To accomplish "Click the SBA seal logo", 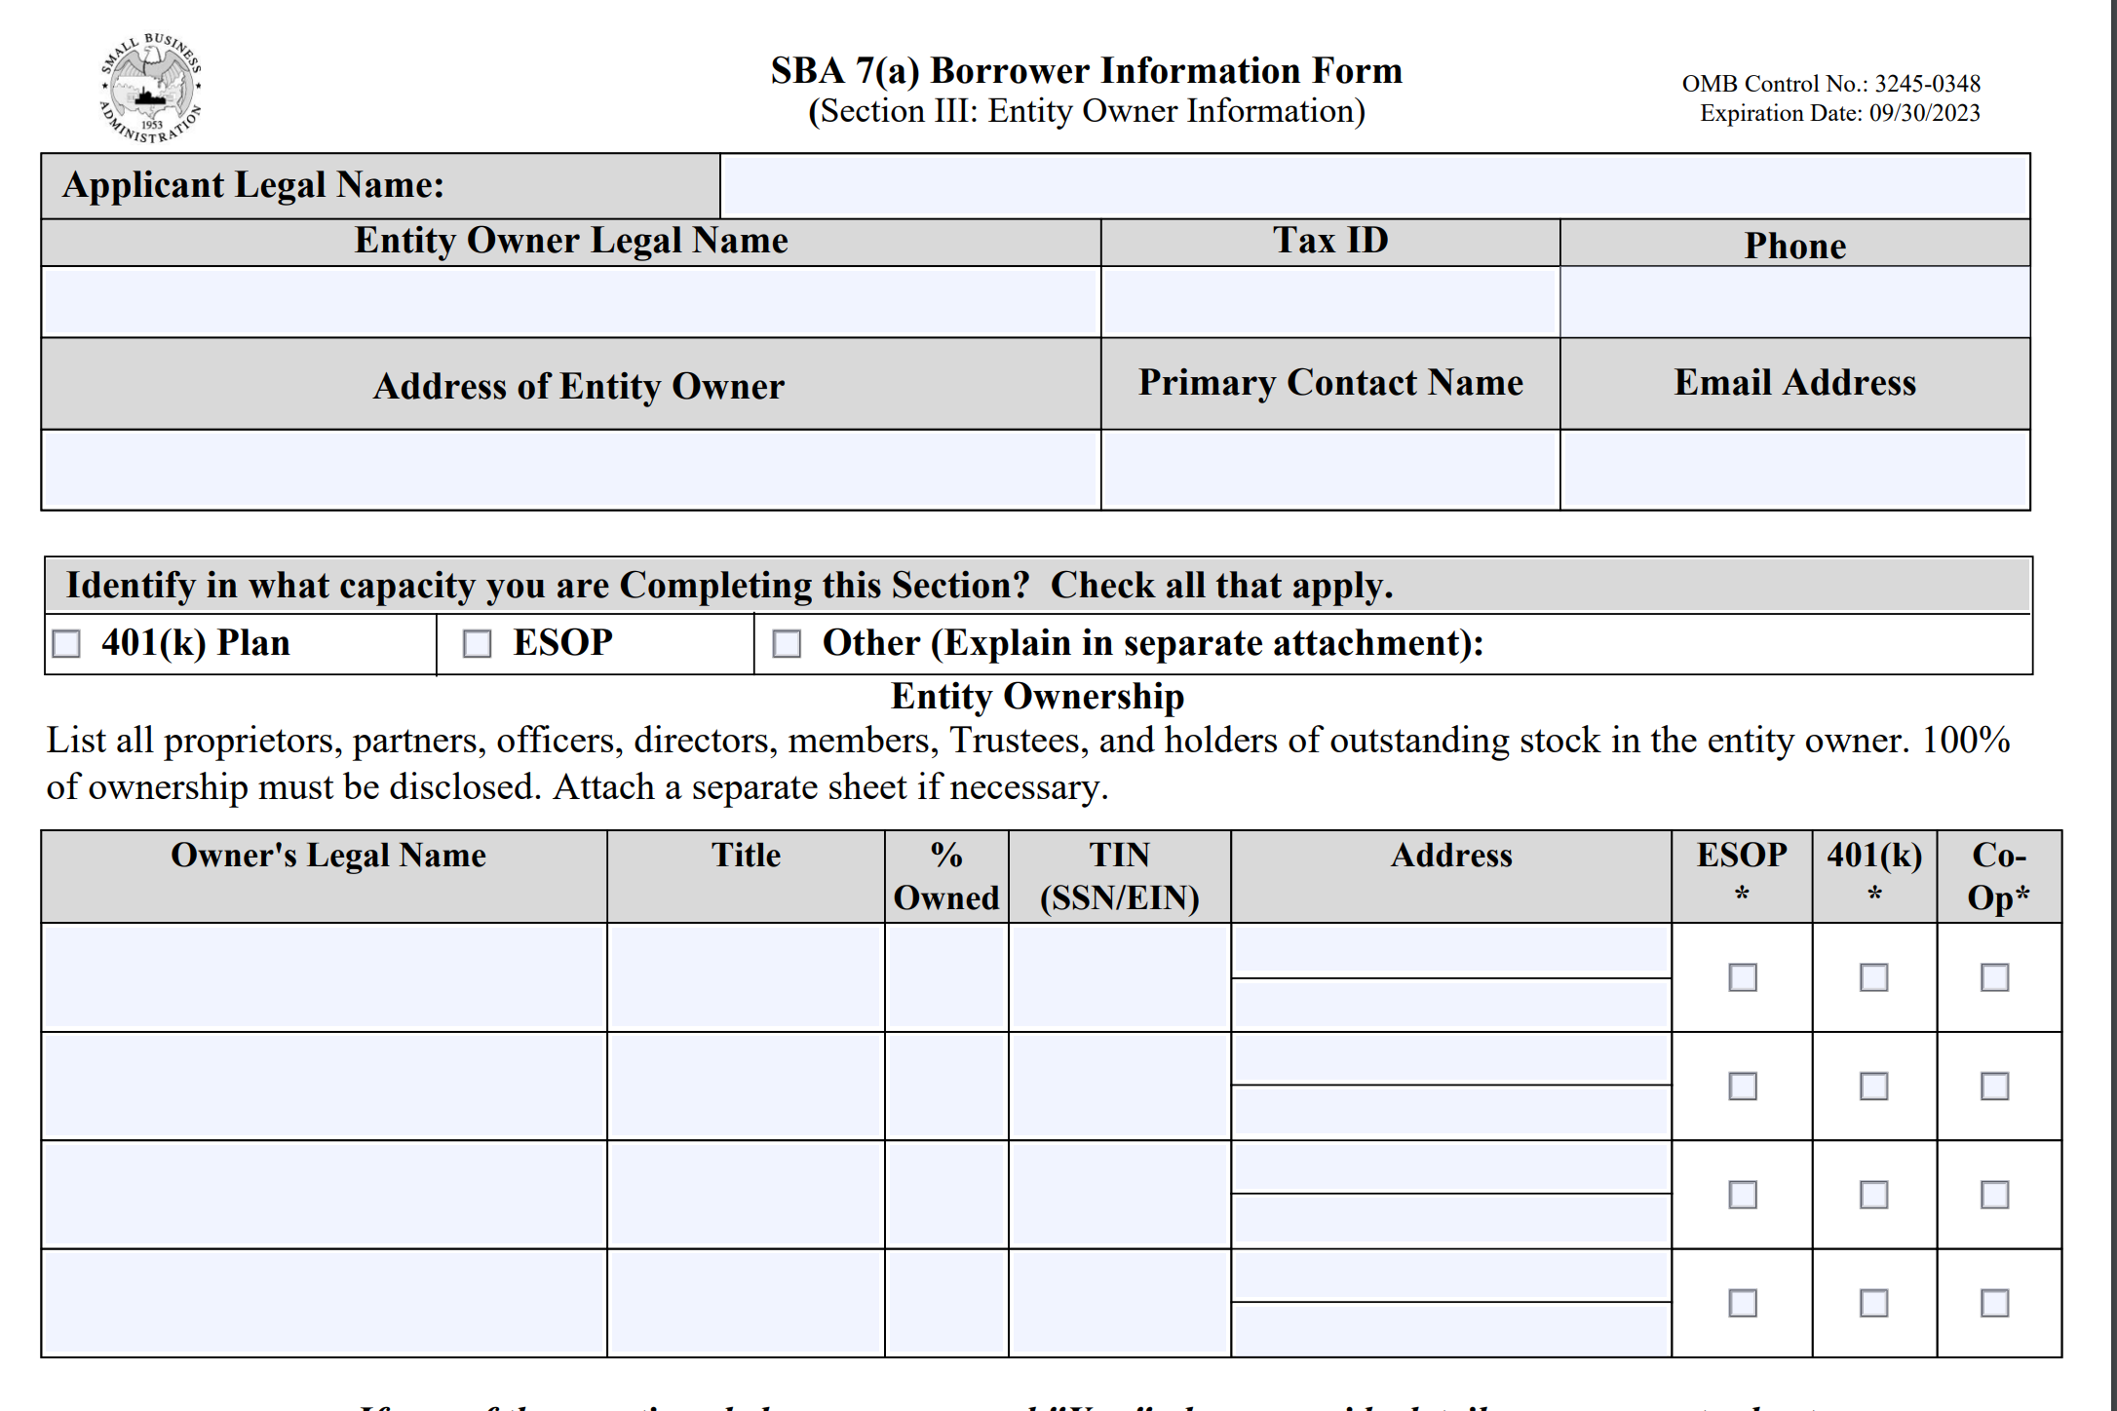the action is pyautogui.click(x=151, y=89).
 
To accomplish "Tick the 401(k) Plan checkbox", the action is pyautogui.click(x=66, y=643).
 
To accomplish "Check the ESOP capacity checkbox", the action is pyautogui.click(x=477, y=643).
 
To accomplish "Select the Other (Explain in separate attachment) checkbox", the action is pyautogui.click(x=787, y=643).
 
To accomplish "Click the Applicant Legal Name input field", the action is pyautogui.click(x=1374, y=186).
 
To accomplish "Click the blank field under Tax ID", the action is pyautogui.click(x=1329, y=302).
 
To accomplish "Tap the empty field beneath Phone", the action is pyautogui.click(x=1794, y=302).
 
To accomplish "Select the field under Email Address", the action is pyautogui.click(x=1794, y=469).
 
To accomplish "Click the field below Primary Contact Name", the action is pyautogui.click(x=1329, y=469).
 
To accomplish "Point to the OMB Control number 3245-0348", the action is pyautogui.click(x=1927, y=84).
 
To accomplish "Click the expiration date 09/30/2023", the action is pyautogui.click(x=1924, y=113).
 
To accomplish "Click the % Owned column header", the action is pyautogui.click(x=946, y=876).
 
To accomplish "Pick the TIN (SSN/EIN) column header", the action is pyautogui.click(x=1119, y=876).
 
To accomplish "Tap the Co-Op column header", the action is pyautogui.click(x=1998, y=876).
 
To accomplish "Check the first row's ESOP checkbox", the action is pyautogui.click(x=1743, y=977).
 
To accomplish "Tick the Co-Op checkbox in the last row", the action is pyautogui.click(x=1995, y=1303).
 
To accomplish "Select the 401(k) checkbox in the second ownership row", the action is pyautogui.click(x=1874, y=1086).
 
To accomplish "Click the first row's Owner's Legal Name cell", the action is pyautogui.click(x=324, y=977).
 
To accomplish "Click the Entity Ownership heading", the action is pyautogui.click(x=1037, y=697).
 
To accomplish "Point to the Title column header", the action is pyautogui.click(x=746, y=856).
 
